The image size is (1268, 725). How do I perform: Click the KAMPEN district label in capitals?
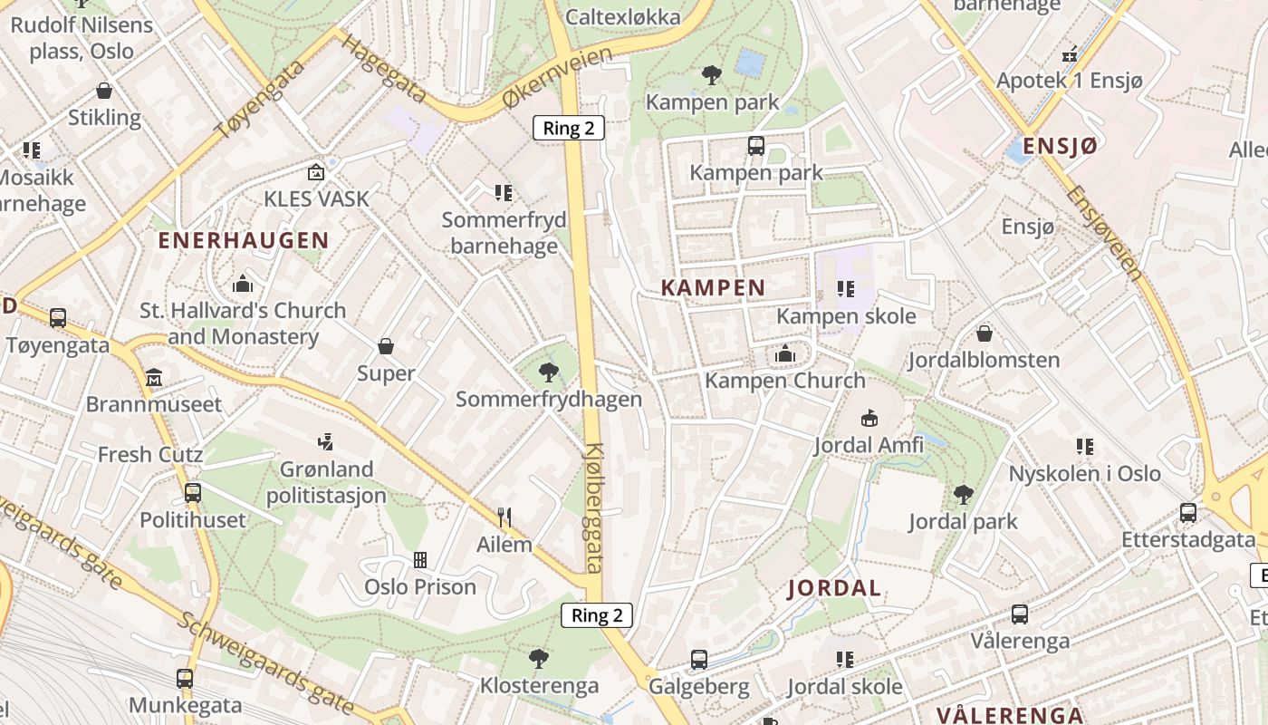(713, 288)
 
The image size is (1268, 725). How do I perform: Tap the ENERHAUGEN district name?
(243, 240)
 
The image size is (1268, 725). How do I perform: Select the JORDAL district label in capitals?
(834, 588)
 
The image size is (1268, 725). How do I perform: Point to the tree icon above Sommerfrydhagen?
(548, 371)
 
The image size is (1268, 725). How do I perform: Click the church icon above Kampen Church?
(785, 353)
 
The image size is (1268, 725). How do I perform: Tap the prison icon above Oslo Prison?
(420, 560)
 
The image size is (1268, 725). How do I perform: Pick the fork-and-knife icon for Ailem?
(504, 517)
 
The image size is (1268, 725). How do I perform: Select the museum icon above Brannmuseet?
(153, 376)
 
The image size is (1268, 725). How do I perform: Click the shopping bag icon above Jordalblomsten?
(985, 333)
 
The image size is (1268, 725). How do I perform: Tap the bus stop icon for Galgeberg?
(698, 659)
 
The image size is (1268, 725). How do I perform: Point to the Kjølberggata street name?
(595, 507)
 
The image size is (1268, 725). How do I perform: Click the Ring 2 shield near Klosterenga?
(597, 615)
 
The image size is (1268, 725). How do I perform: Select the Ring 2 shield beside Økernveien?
(568, 128)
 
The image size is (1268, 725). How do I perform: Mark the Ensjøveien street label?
(1103, 232)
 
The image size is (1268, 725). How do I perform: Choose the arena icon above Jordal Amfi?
(869, 418)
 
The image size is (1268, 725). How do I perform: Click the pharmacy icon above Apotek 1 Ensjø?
(1070, 53)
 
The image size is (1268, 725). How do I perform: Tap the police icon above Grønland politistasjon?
(326, 441)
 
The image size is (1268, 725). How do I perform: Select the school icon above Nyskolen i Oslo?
(1084, 446)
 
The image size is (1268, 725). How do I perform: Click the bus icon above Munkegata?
(185, 678)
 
